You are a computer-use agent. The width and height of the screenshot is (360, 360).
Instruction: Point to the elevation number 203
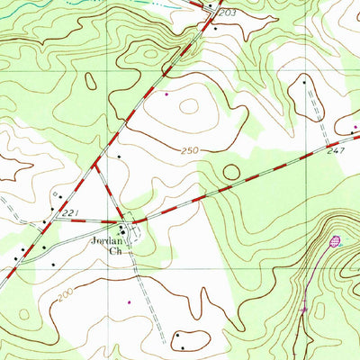226,13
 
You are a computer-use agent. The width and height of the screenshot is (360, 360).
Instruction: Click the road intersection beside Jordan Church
131,221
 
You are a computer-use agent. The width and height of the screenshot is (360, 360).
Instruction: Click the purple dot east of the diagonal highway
166,93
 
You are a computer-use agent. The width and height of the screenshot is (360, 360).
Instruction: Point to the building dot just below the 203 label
214,28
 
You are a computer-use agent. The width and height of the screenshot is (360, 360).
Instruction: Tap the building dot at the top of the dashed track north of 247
304,82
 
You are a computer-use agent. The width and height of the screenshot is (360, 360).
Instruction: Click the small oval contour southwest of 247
232,171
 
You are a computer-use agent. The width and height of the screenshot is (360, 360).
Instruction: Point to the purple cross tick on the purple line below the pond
303,309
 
